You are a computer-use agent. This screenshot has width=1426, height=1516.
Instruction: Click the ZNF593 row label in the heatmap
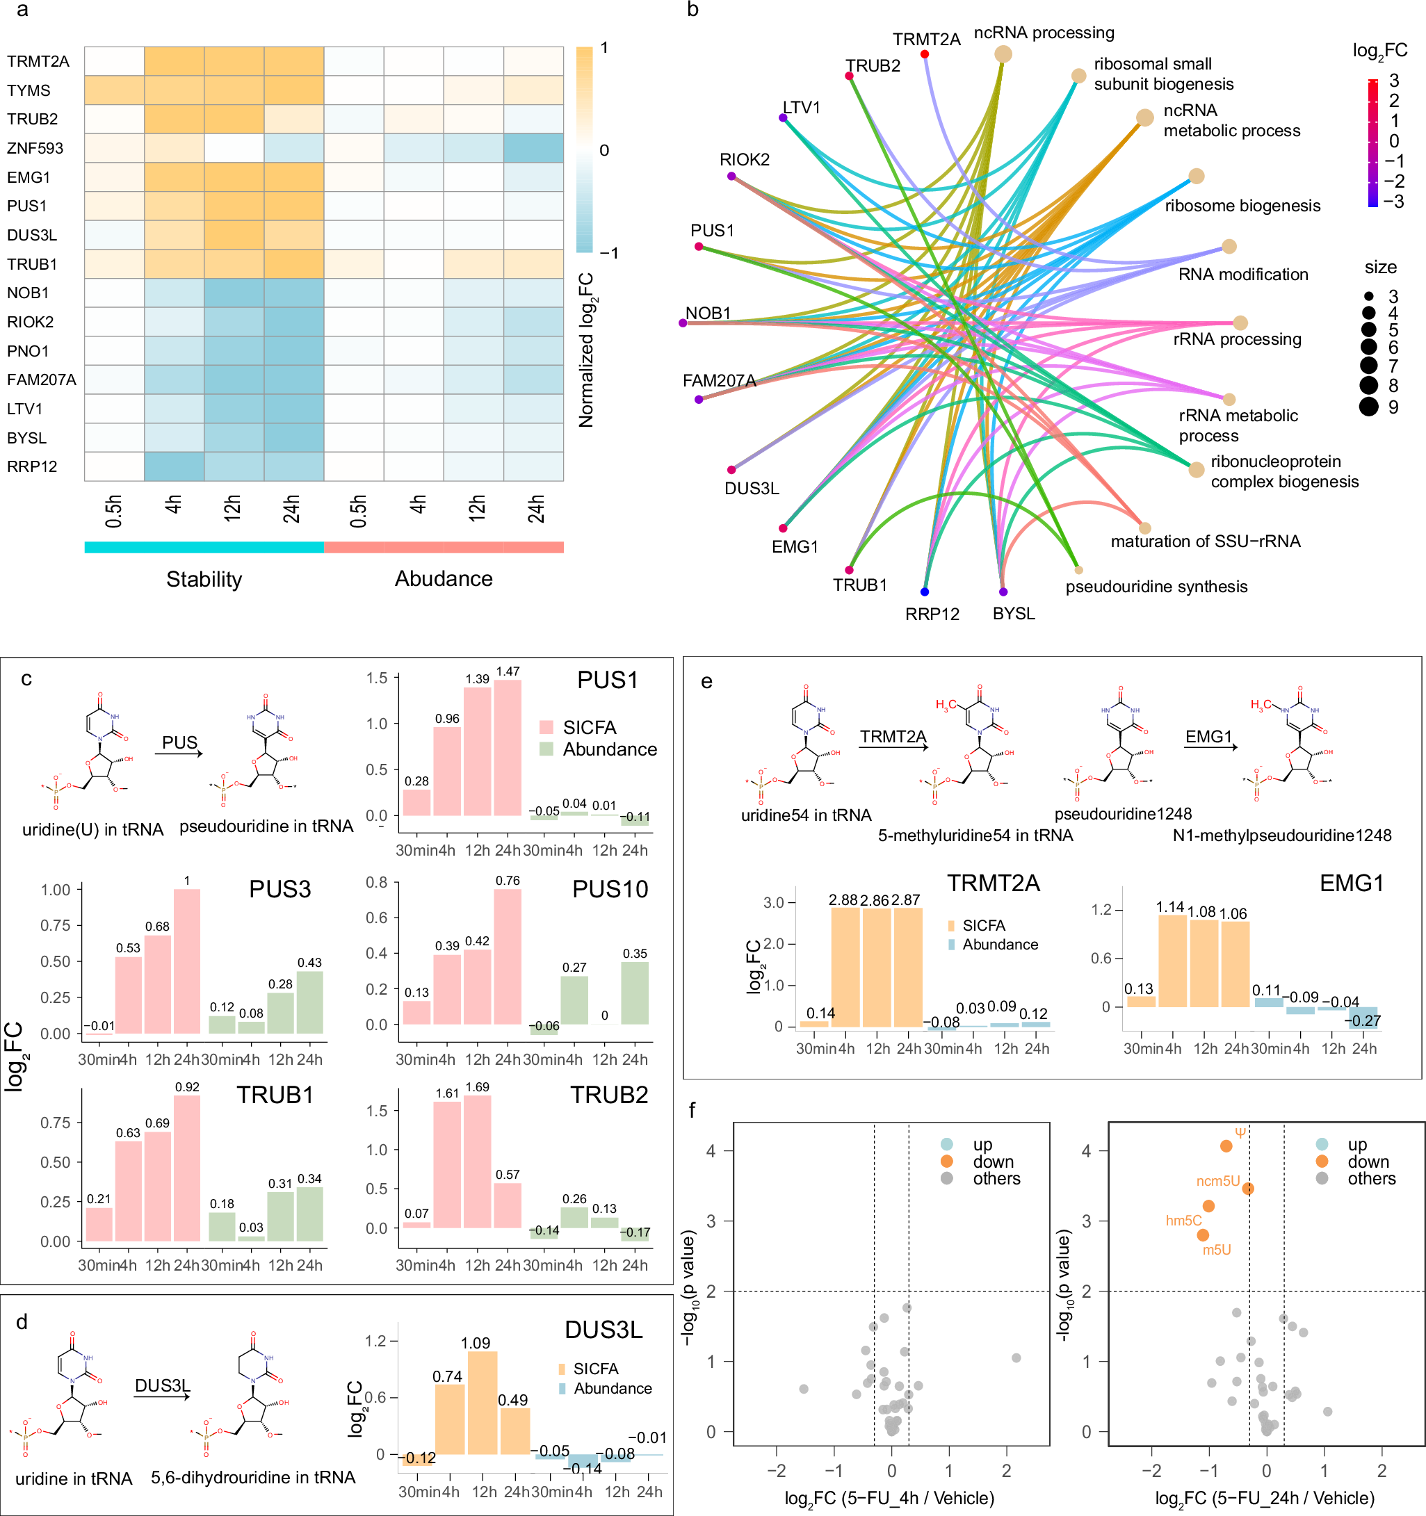[35, 149]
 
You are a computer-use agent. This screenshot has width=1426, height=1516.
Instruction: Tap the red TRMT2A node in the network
[924, 54]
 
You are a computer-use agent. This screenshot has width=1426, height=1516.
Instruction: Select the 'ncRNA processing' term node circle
[1003, 54]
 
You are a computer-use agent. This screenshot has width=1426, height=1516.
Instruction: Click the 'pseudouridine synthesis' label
[1156, 587]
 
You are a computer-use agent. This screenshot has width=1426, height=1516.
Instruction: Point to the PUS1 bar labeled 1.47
[508, 747]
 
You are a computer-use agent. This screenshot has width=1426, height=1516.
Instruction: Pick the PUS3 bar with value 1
[187, 961]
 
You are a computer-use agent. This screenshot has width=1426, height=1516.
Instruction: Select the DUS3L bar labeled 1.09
[483, 1403]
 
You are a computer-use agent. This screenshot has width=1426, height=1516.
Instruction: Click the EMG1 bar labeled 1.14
[1172, 961]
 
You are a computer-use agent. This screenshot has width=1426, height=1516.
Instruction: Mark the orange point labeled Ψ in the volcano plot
[1226, 1146]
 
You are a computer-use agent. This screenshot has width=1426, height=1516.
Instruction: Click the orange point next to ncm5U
[1248, 1189]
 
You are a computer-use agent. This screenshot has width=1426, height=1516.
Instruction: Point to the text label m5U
[1216, 1250]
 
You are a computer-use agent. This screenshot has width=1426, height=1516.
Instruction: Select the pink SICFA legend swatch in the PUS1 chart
[546, 728]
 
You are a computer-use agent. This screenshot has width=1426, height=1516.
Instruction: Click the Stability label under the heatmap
[204, 579]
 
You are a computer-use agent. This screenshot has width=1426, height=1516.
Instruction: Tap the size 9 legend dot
[1369, 407]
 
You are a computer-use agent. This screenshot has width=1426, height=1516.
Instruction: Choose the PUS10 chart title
[610, 889]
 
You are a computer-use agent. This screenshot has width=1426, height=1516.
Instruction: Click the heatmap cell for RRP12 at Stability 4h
[174, 466]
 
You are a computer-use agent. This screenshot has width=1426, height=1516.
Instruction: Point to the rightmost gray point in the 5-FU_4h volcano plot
[1016, 1358]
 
